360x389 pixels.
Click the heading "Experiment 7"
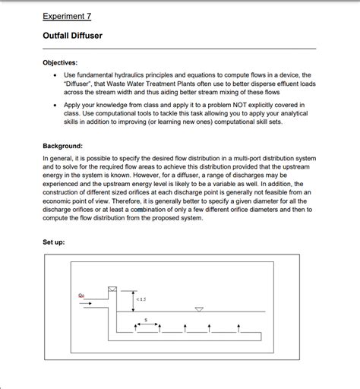tap(67, 15)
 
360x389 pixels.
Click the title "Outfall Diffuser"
tap(72, 36)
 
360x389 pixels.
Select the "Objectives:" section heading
tap(60, 62)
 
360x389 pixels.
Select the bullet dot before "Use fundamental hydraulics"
tap(52, 75)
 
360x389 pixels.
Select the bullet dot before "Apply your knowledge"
tap(52, 104)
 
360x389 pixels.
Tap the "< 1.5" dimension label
tap(141, 299)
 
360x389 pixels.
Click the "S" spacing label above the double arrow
tap(145, 318)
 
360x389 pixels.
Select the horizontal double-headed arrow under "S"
tap(145, 324)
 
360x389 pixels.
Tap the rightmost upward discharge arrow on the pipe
tap(238, 327)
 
